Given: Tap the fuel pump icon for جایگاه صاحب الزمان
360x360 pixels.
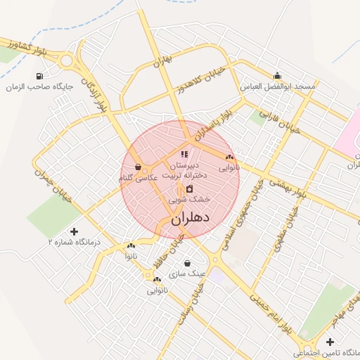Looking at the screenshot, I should pos(38,76).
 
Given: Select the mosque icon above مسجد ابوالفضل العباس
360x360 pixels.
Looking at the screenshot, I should pos(278,76).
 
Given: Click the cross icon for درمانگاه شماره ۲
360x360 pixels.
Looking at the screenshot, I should pos(75,231).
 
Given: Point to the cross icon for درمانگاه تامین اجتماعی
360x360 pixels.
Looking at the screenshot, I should pos(330,341).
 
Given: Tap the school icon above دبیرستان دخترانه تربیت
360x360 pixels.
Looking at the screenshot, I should pos(184,154).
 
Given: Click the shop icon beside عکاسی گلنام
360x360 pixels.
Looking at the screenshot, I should pos(138,167).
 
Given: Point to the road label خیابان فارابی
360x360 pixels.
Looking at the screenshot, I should pos(279,122).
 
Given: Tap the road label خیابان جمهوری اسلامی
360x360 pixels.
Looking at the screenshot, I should pos(239,218).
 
